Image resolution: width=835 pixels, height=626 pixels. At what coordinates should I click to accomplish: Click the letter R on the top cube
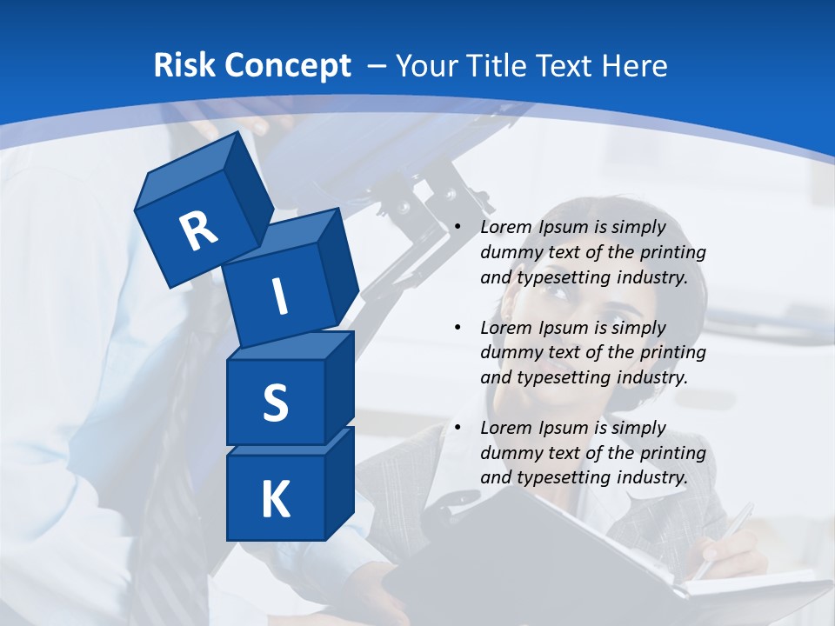point(198,230)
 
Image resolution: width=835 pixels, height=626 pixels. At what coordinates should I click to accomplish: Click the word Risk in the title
point(186,65)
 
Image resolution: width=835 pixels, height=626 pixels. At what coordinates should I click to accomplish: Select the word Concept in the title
point(289,65)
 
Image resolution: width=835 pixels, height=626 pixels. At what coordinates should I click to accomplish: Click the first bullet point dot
point(458,228)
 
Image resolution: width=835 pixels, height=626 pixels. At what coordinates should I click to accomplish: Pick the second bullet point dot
point(458,328)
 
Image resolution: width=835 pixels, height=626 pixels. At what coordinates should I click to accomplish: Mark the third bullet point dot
point(458,428)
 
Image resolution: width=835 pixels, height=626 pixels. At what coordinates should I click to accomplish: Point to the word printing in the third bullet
point(675,452)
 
